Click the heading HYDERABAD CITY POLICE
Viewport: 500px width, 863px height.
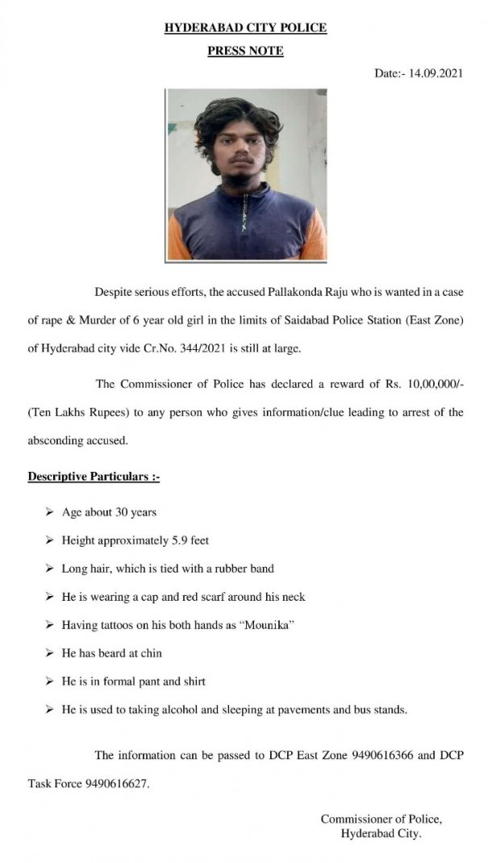pyautogui.click(x=245, y=28)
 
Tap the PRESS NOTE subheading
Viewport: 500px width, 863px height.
pyautogui.click(x=245, y=51)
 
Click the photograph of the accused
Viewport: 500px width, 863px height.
pyautogui.click(x=246, y=175)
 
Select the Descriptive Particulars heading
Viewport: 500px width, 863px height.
pyautogui.click(x=94, y=477)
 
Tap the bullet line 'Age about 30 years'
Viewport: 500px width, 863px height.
pyautogui.click(x=109, y=512)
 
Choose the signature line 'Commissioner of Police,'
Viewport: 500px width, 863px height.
pyautogui.click(x=381, y=819)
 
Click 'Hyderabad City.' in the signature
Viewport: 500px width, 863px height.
pyautogui.click(x=381, y=834)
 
